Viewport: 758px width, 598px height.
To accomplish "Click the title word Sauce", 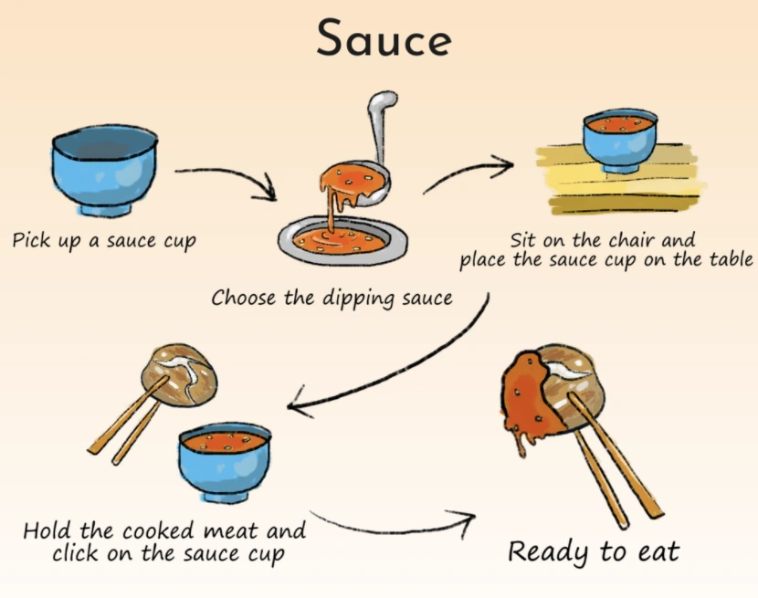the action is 384,37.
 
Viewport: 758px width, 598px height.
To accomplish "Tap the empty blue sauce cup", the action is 105,170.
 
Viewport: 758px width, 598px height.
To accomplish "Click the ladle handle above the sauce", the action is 382,126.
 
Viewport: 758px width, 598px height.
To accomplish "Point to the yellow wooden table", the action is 620,179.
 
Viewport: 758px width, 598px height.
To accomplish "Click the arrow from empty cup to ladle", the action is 227,182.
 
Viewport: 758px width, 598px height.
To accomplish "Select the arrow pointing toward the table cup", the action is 468,173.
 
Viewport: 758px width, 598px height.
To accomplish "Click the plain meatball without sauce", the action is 179,375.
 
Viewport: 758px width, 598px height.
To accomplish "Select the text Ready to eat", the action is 594,551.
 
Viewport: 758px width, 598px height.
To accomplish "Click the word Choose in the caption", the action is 243,298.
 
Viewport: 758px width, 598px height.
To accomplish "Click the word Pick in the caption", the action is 31,239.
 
